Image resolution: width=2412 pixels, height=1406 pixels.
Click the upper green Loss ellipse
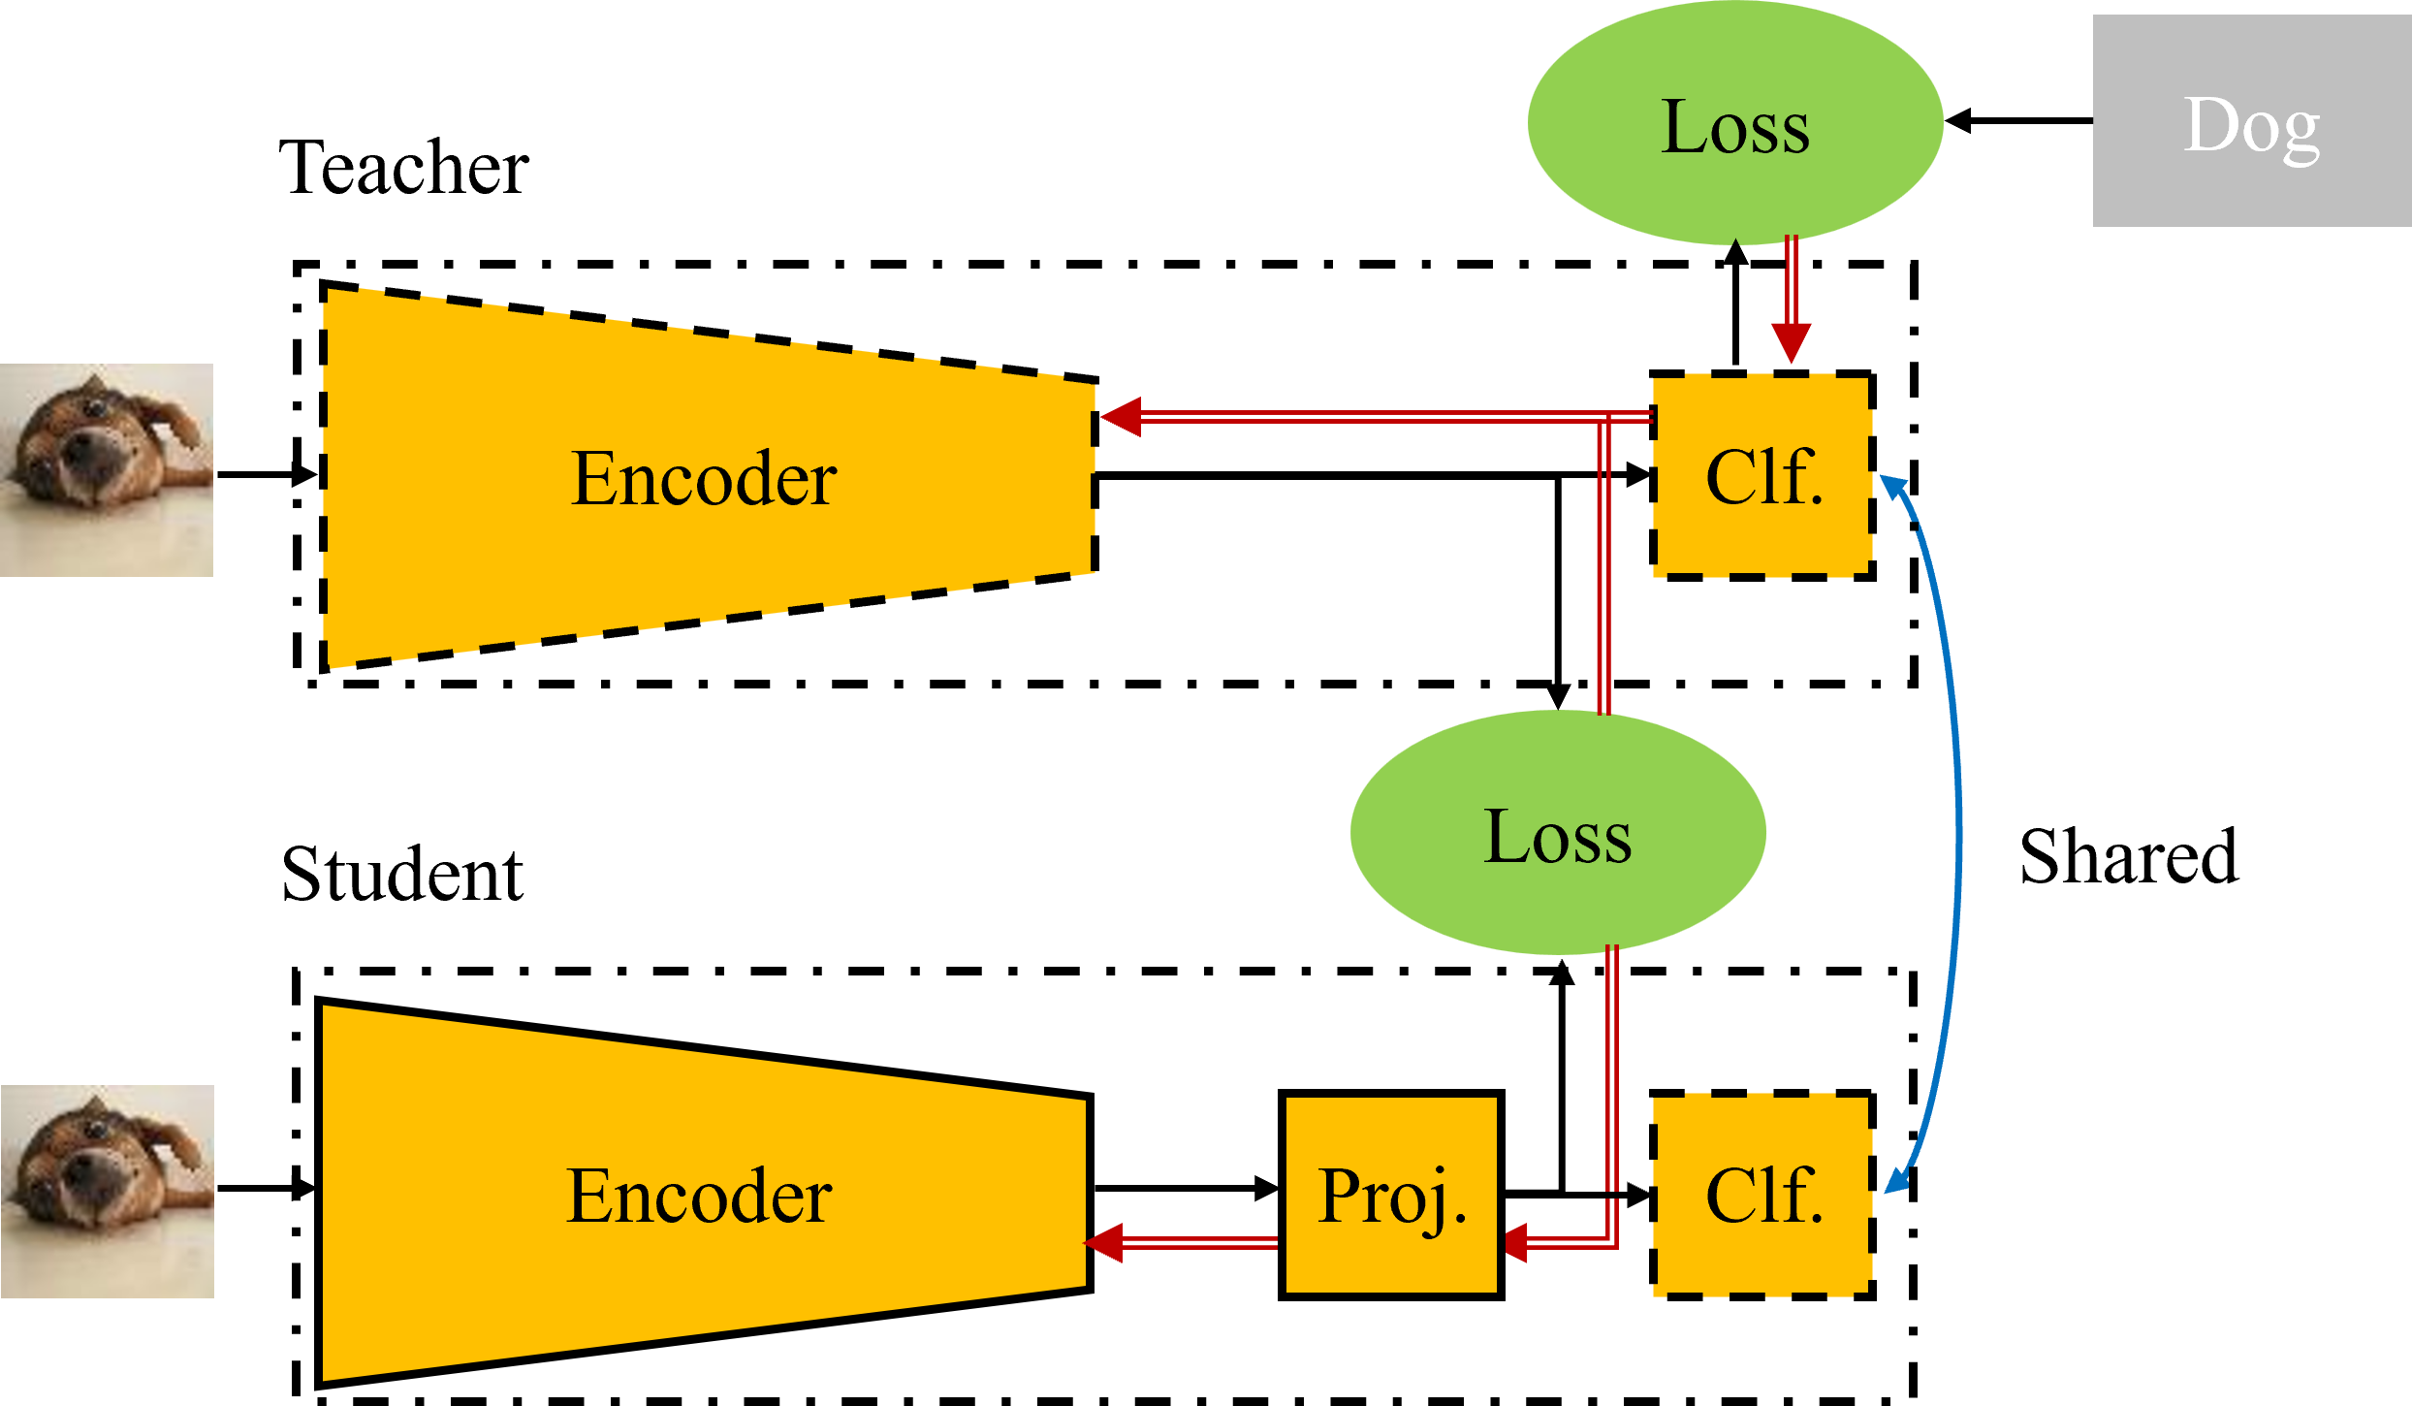(x=1735, y=123)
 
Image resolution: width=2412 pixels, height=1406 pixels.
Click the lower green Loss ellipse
(x=1558, y=833)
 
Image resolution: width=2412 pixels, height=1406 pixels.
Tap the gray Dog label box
(x=2251, y=120)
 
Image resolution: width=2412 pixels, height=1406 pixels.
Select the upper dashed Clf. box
(x=1761, y=476)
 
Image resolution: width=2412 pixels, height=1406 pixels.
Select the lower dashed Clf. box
(x=1761, y=1195)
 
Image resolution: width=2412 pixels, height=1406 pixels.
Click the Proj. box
(x=1391, y=1195)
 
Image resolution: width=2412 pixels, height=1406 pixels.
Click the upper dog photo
(x=107, y=470)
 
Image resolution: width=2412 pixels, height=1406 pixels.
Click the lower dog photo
(x=107, y=1191)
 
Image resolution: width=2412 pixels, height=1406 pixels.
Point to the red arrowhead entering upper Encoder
(x=1121, y=417)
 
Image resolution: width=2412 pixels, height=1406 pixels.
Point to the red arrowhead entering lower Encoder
(x=1103, y=1243)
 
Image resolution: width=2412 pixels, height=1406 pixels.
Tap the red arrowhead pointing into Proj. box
(x=1516, y=1243)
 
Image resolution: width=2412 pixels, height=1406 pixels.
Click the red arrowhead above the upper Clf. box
(x=1791, y=342)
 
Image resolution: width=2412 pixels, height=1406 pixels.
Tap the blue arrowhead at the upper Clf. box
(x=1893, y=486)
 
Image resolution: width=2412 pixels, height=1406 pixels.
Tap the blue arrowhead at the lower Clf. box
(x=1896, y=1181)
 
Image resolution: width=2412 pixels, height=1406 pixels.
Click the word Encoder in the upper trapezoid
(x=704, y=478)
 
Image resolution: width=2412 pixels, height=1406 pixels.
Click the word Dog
(x=2251, y=126)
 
